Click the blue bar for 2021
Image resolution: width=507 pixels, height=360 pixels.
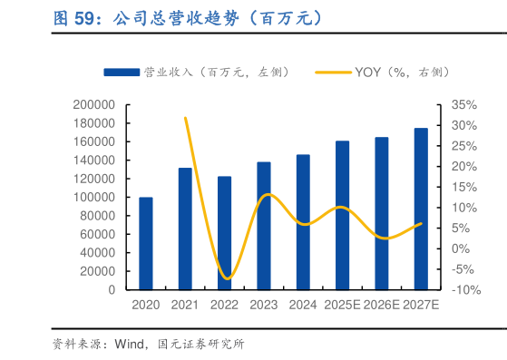pos(185,229)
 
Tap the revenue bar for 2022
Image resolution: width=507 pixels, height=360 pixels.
pos(224,233)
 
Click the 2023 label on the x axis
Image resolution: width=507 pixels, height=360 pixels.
pos(263,306)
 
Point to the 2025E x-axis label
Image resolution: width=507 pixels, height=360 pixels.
pos(342,306)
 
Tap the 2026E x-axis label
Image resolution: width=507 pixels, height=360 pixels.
pos(381,306)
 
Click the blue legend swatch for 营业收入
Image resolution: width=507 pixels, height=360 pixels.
pos(122,72)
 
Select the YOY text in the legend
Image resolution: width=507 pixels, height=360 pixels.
pos(367,72)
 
